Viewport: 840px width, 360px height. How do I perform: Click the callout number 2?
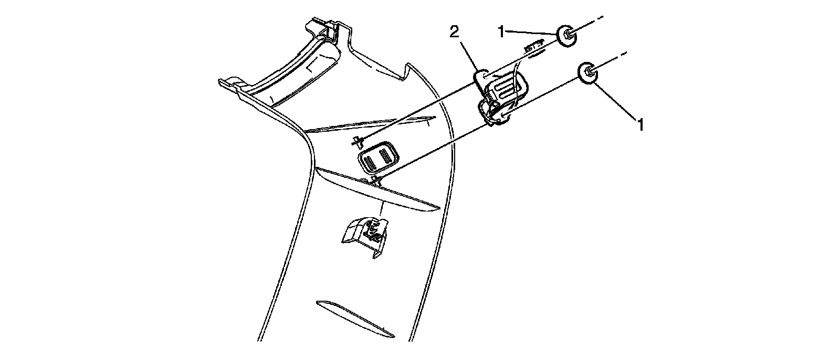pyautogui.click(x=454, y=32)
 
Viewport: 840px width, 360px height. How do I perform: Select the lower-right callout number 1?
pyautogui.click(x=640, y=124)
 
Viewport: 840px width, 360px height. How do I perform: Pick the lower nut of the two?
pyautogui.click(x=589, y=73)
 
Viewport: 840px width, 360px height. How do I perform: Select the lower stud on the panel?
pyautogui.click(x=375, y=182)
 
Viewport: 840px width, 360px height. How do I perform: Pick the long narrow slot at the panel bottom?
pyautogui.click(x=354, y=318)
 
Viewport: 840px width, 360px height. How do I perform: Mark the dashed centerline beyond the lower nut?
pyautogui.click(x=614, y=58)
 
